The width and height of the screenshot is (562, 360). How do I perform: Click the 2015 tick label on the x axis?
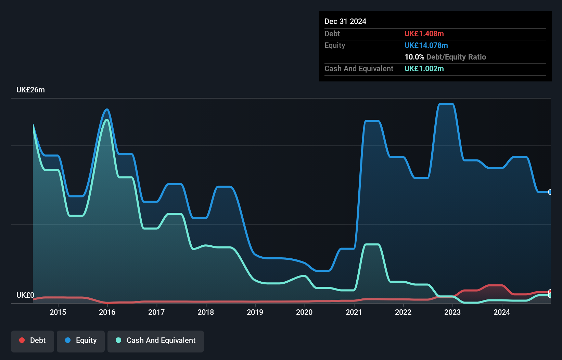(58, 312)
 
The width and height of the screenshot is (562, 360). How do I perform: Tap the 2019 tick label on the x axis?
(255, 312)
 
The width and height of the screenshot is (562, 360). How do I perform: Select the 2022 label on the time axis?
(403, 312)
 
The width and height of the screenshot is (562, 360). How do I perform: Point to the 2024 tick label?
(502, 312)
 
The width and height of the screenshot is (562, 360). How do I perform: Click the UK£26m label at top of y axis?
(30, 90)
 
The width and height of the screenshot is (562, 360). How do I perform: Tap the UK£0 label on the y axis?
(25, 295)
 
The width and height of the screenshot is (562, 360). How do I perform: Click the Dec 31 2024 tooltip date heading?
(345, 22)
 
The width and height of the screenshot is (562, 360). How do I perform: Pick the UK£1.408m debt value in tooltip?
(424, 34)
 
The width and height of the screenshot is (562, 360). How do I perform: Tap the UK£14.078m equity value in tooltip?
(426, 46)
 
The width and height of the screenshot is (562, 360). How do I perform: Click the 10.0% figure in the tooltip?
(414, 57)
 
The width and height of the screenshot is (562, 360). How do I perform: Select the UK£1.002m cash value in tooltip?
(424, 69)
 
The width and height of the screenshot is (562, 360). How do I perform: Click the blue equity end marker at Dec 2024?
(550, 192)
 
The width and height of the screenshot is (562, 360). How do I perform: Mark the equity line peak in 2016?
(107, 110)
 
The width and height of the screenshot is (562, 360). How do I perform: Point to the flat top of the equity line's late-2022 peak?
(446, 104)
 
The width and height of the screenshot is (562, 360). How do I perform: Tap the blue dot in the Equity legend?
(68, 340)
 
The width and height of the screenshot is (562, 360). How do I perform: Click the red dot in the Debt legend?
(22, 340)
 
